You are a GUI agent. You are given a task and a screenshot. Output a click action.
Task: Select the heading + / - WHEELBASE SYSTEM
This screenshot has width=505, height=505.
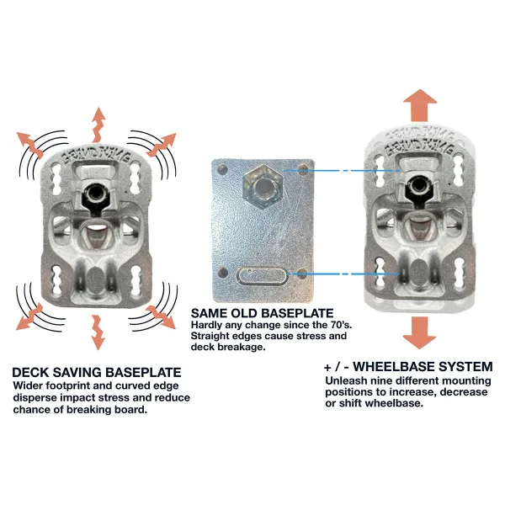coord(407,366)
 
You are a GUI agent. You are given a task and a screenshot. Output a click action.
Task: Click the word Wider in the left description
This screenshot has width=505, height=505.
coord(27,385)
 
